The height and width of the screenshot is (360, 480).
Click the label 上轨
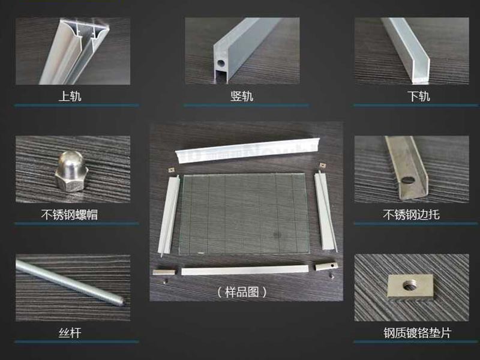[70, 96]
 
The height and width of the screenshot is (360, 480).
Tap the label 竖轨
[242, 96]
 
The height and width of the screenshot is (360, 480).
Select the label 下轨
[419, 96]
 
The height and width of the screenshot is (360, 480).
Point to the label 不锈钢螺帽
[70, 215]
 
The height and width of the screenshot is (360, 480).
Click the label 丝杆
[70, 333]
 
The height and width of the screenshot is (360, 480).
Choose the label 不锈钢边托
[411, 215]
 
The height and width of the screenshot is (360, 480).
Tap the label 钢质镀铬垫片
[418, 333]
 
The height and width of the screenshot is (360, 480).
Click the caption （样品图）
[242, 292]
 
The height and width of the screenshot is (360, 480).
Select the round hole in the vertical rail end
[221, 64]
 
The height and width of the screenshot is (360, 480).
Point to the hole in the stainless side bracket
[407, 180]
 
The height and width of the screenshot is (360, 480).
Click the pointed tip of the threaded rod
[123, 303]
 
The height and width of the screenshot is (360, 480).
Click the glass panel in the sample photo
[244, 214]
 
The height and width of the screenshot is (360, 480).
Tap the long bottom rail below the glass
[245, 270]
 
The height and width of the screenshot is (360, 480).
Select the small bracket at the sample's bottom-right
[326, 266]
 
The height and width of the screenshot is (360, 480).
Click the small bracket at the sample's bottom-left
[164, 272]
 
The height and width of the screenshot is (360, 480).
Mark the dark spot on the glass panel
[277, 235]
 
